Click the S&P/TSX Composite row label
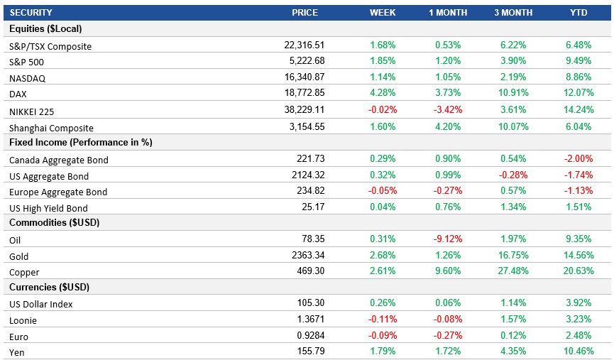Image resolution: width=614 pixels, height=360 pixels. click(x=50, y=46)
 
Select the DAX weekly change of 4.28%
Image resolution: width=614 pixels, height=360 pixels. click(x=382, y=92)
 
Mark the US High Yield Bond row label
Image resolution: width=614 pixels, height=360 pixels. click(x=48, y=208)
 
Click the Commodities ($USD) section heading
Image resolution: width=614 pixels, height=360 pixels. click(x=54, y=223)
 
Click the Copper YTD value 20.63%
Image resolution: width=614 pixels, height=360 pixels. click(x=577, y=272)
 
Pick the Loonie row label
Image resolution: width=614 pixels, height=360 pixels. click(x=23, y=320)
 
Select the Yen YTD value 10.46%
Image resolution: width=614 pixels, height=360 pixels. click(x=577, y=351)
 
